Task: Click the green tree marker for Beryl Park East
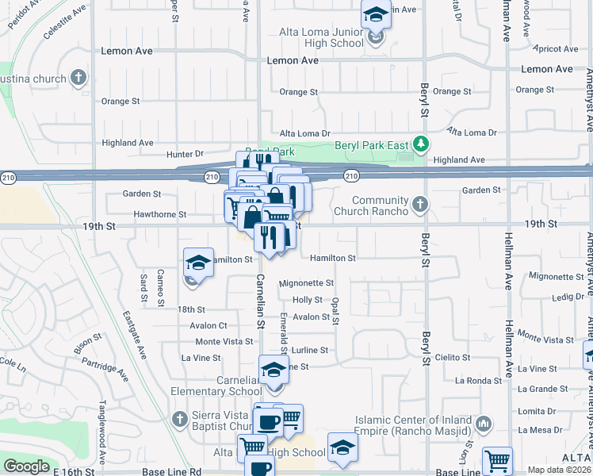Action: [x=423, y=144]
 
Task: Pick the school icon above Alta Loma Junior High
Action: [x=375, y=14]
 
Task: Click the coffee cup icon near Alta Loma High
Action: [x=268, y=420]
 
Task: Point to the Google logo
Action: [x=26, y=466]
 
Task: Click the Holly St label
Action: [x=308, y=301]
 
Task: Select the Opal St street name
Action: [x=336, y=311]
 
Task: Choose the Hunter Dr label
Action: [x=185, y=154]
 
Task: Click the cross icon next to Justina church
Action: [x=78, y=78]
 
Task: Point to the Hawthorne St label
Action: [x=160, y=214]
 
